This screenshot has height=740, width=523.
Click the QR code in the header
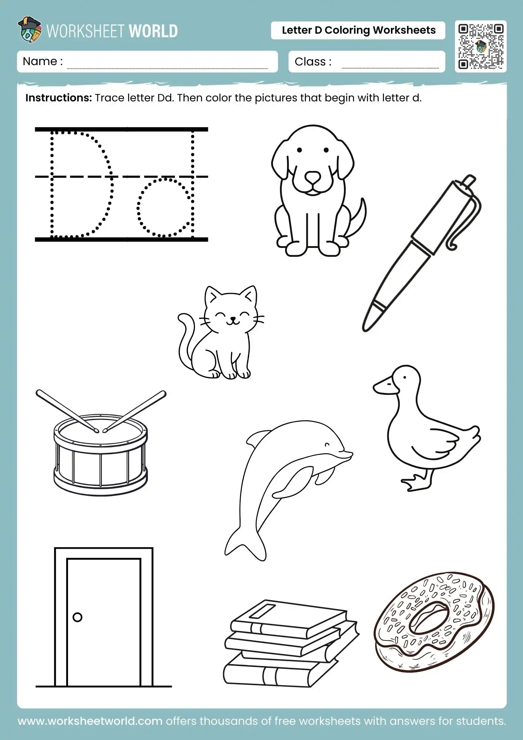pos(480,47)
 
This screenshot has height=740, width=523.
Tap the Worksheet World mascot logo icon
pos(29,30)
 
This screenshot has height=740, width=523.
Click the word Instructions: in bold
pos(58,98)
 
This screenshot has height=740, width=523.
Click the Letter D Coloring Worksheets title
pos(358,30)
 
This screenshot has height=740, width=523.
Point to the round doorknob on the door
pos(78,617)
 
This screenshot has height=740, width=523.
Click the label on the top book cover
pos(263,611)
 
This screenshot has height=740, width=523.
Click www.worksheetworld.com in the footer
pos(90,721)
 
